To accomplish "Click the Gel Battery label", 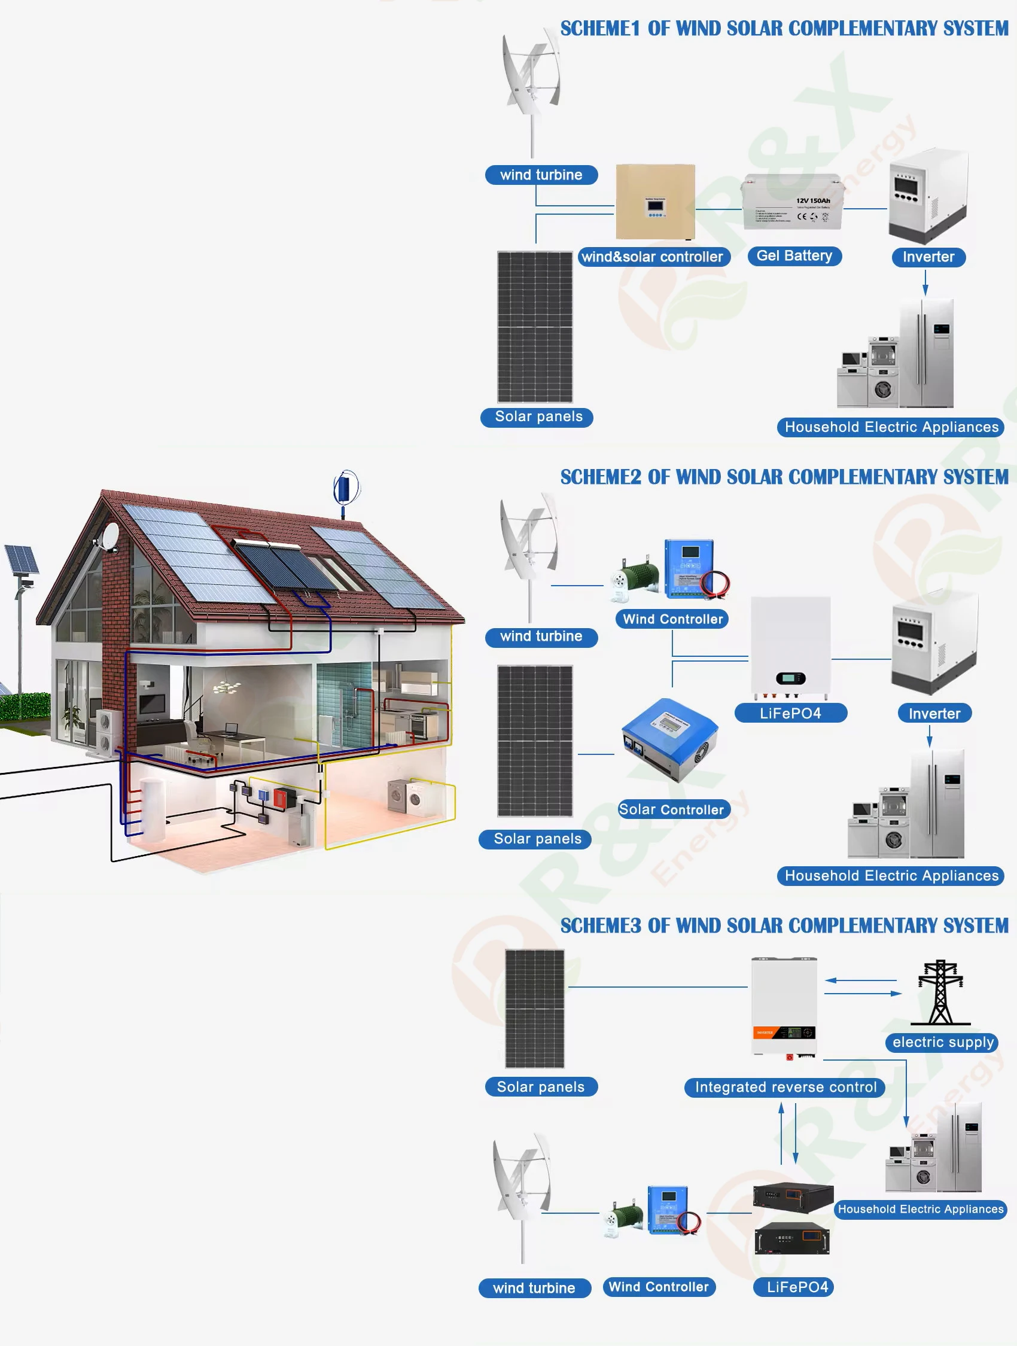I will (x=794, y=256).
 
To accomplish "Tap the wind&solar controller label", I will (x=653, y=257).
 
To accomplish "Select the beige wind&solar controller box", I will (x=655, y=202).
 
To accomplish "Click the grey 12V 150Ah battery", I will (x=792, y=203).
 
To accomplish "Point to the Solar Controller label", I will (x=671, y=809).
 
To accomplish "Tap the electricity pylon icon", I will (x=940, y=992).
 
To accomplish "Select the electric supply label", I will (x=942, y=1042).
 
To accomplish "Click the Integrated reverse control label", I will (x=785, y=1088).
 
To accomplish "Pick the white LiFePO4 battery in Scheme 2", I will (x=791, y=647).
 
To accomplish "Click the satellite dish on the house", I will (x=110, y=536).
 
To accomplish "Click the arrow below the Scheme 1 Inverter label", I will (x=925, y=283).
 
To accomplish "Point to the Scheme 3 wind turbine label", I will (x=534, y=1288).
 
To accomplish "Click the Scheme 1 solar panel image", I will (x=535, y=327).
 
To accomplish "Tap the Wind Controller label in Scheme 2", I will (x=672, y=619).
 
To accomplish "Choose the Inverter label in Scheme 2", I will (x=934, y=713).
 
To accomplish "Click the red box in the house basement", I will (x=281, y=798).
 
